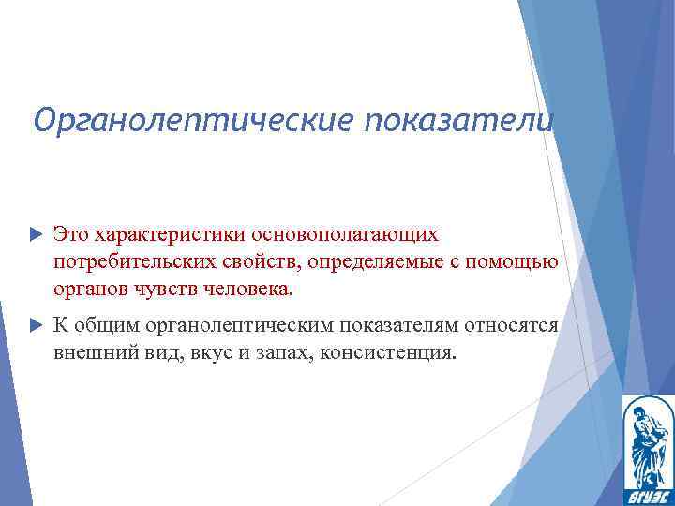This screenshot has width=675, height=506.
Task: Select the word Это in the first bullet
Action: [69, 231]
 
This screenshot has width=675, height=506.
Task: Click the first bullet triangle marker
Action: [36, 231]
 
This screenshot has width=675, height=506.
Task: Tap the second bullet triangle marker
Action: [36, 325]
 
